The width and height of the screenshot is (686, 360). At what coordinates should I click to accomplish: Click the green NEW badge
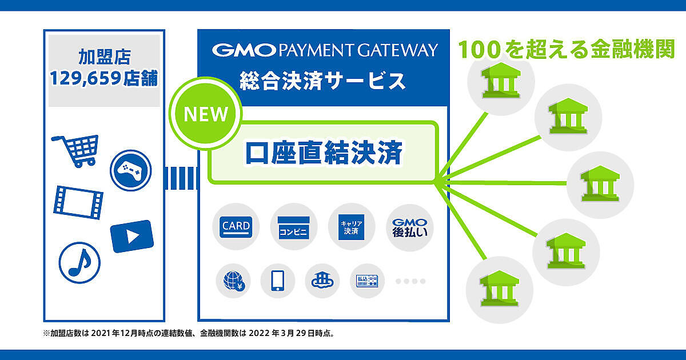(x=205, y=114)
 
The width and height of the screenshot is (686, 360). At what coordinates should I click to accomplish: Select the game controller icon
(x=131, y=169)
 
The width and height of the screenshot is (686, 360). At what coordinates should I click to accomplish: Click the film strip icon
(x=78, y=202)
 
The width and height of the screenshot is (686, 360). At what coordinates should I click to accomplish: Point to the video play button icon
(x=132, y=236)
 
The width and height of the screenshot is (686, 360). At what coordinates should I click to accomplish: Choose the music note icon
(x=79, y=263)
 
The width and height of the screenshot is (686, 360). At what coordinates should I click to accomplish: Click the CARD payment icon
(x=236, y=227)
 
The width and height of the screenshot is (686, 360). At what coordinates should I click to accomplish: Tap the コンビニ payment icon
(x=293, y=227)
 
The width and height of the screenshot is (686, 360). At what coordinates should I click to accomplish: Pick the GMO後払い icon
(x=409, y=227)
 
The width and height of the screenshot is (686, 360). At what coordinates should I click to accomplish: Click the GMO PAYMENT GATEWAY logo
(x=325, y=50)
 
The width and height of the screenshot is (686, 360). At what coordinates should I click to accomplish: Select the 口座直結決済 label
(x=324, y=153)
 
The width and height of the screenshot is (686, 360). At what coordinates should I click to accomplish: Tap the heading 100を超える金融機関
(x=567, y=50)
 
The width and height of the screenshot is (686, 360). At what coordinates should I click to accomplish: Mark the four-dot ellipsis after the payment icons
(x=410, y=281)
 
